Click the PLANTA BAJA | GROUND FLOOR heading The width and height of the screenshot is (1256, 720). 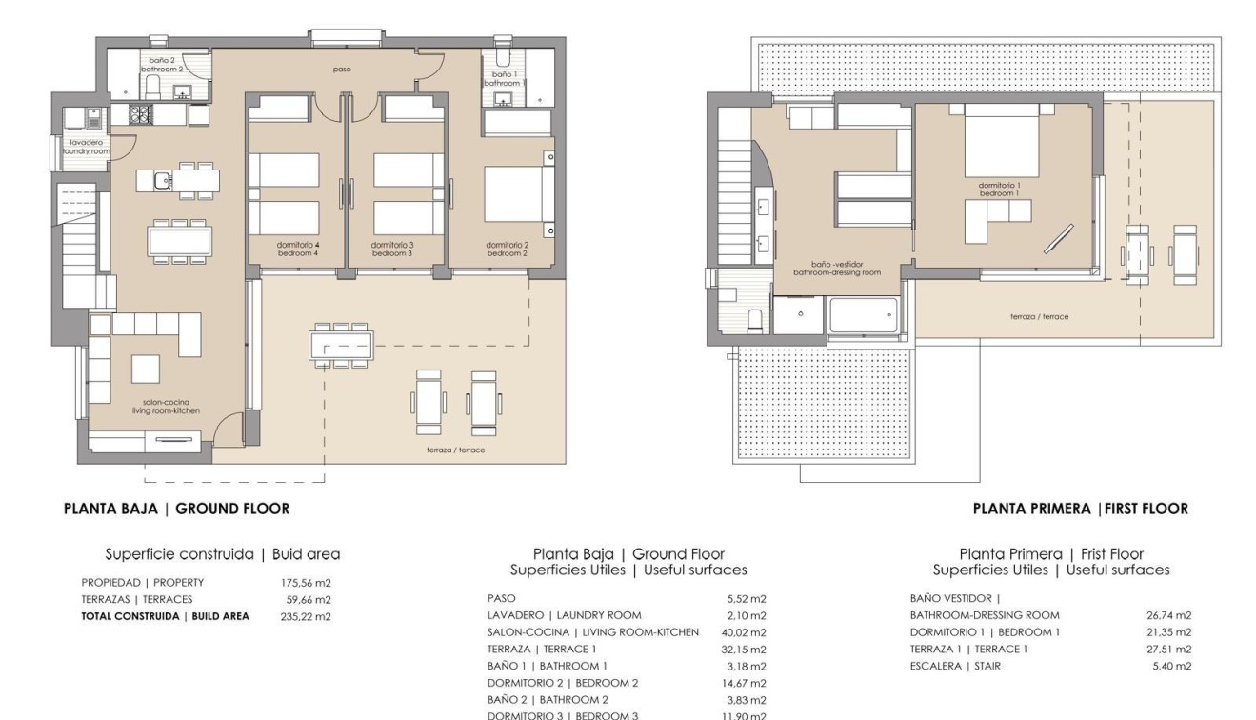point(176,509)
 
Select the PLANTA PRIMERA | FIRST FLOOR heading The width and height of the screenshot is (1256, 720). point(1080,509)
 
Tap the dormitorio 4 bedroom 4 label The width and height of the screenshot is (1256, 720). point(297,249)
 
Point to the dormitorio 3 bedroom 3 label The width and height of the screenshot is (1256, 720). point(392,249)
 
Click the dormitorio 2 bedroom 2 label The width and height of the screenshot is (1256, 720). point(507,249)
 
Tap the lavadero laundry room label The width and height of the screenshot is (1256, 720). point(86,147)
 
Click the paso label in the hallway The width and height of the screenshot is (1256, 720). point(341,69)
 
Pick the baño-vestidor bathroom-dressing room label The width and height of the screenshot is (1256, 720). point(837,268)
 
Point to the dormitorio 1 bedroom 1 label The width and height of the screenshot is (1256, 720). point(998,189)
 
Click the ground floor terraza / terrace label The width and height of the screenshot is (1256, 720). point(455,449)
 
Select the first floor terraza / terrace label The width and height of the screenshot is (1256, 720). point(1039,316)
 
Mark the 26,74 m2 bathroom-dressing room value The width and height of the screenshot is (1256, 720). point(1169,615)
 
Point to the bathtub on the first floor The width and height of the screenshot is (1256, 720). point(863,315)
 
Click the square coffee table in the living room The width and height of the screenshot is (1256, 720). point(145,368)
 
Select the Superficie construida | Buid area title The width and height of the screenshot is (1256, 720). point(222,553)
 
